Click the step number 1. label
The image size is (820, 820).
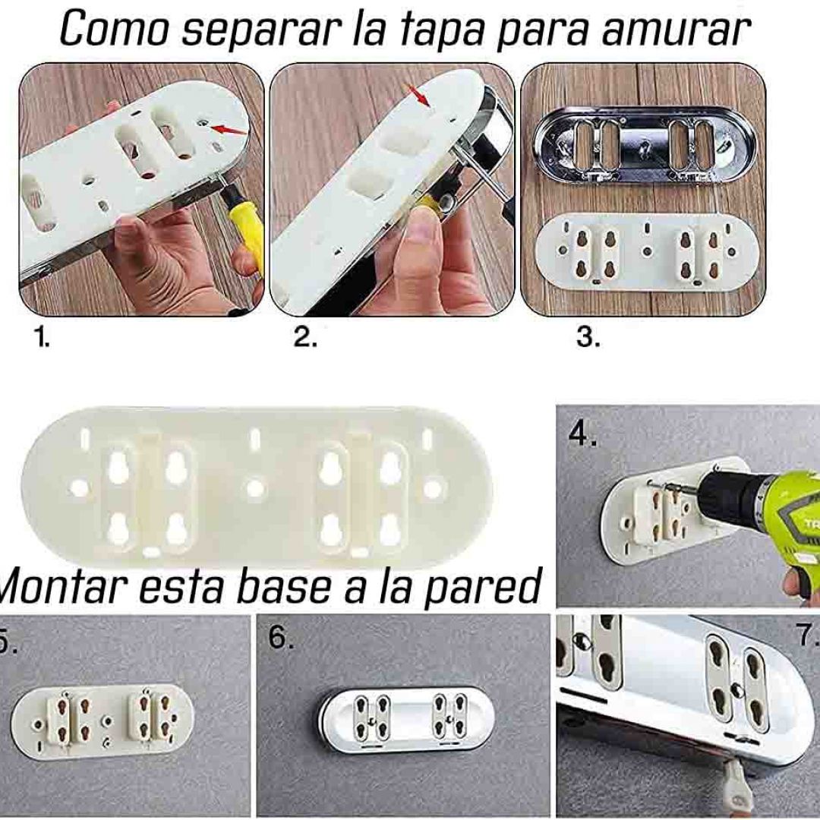pos(43,339)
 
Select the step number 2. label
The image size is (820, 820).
pos(305,339)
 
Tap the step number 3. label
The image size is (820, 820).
pos(588,339)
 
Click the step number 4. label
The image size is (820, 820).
pos(582,434)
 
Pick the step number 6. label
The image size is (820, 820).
pos(280,639)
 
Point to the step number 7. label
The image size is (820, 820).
pos(806,636)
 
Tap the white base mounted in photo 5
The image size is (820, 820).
pos(102,717)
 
